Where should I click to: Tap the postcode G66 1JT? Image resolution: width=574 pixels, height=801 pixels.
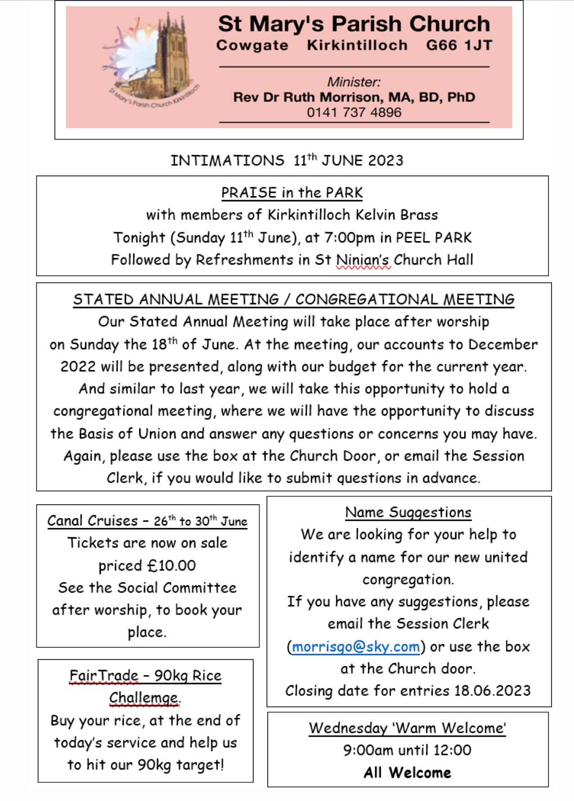click(459, 45)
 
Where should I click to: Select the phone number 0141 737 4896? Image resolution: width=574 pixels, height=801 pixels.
click(354, 112)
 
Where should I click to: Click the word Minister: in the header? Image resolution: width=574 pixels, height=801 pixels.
click(354, 82)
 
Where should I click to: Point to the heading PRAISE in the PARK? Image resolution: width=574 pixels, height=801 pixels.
click(291, 193)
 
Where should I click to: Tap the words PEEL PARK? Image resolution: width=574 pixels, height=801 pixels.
click(434, 237)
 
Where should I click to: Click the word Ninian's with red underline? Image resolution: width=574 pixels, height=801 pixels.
click(364, 260)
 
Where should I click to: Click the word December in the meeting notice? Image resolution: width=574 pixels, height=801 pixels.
click(503, 345)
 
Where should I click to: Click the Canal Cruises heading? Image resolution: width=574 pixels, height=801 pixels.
click(147, 521)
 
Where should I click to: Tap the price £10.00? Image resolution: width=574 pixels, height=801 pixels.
click(172, 565)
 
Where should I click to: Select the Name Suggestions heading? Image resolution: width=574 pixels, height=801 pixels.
click(408, 512)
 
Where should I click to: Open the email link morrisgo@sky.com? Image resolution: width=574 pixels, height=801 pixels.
click(356, 647)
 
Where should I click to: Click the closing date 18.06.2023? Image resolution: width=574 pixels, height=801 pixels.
click(492, 690)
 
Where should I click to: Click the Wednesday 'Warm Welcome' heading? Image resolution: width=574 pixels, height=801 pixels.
click(407, 728)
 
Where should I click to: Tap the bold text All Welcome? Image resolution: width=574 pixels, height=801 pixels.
click(407, 773)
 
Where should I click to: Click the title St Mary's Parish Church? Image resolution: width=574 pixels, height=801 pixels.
click(354, 24)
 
